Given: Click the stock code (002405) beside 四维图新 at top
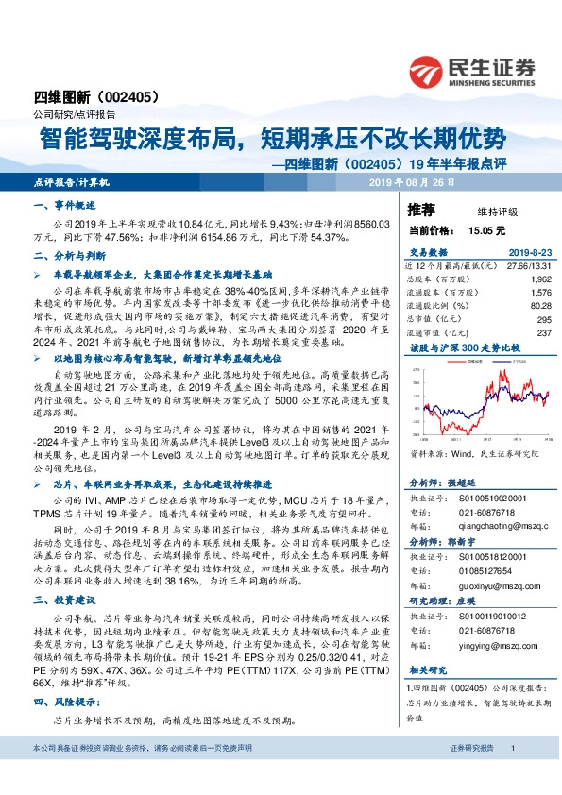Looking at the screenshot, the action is (x=123, y=96).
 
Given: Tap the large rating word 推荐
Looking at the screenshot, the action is (x=420, y=209).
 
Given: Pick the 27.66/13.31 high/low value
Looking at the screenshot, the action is (x=529, y=267).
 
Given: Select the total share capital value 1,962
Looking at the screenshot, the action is (x=539, y=279).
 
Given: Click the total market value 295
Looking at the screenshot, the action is (x=542, y=318).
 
